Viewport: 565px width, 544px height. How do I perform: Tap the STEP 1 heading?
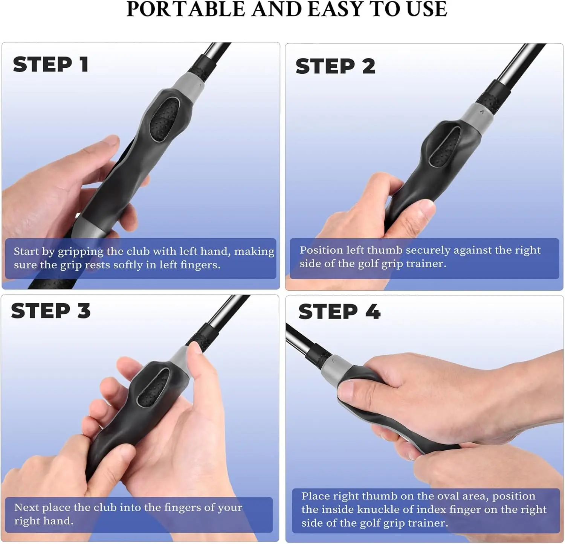[x=51, y=64]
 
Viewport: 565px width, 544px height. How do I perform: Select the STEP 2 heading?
[x=335, y=66]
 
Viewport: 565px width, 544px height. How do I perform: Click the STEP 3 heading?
[x=51, y=311]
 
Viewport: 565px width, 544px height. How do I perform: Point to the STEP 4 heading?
[x=339, y=312]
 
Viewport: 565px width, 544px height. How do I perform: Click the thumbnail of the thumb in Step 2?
[x=426, y=206]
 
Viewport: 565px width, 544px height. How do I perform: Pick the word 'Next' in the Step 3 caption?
[x=26, y=507]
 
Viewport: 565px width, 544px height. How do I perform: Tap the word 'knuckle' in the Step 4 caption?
[x=381, y=509]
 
